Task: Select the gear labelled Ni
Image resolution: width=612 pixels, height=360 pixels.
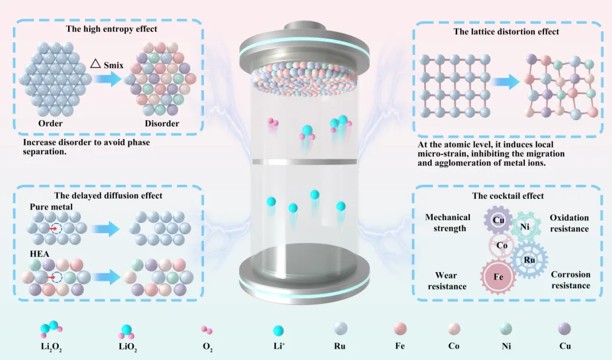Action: [x=525, y=227]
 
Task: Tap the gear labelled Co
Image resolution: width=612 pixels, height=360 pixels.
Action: [x=501, y=245]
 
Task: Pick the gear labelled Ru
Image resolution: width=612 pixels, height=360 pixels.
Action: [x=529, y=260]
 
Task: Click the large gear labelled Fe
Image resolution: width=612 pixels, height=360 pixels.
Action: [x=499, y=277]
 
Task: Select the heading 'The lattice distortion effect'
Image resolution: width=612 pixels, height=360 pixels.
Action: [x=506, y=32]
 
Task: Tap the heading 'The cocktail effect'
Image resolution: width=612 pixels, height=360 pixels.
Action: [x=508, y=196]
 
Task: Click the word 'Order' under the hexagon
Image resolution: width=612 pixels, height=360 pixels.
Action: [x=50, y=124]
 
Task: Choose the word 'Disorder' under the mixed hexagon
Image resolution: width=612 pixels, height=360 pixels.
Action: [x=161, y=124]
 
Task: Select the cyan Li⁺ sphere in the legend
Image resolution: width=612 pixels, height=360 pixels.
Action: [x=278, y=331]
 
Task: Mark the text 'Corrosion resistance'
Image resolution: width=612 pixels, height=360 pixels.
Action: [x=571, y=279]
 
